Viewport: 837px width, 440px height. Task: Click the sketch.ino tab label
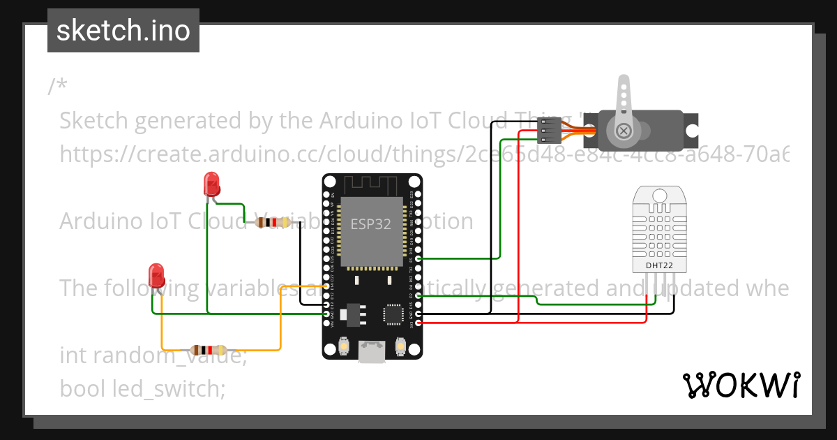pyautogui.click(x=123, y=31)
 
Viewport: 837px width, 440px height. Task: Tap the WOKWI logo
pyautogui.click(x=741, y=385)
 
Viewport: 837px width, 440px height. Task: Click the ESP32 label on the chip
pyautogui.click(x=370, y=224)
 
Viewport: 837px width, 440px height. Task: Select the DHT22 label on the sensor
pyautogui.click(x=658, y=265)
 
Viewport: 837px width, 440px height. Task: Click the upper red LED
pyautogui.click(x=211, y=184)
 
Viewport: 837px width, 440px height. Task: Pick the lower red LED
pyautogui.click(x=156, y=275)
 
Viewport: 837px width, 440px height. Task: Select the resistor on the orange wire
pyautogui.click(x=208, y=350)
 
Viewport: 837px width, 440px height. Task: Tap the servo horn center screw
pyautogui.click(x=624, y=130)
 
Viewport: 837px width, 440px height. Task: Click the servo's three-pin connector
pyautogui.click(x=548, y=131)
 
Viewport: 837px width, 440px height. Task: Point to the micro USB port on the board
pyautogui.click(x=372, y=352)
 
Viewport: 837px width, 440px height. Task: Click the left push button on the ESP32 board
pyautogui.click(x=343, y=346)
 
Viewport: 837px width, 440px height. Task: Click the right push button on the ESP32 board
pyautogui.click(x=401, y=346)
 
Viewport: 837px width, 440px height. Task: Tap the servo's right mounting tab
pyautogui.click(x=691, y=131)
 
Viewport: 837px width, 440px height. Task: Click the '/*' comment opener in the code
pyautogui.click(x=58, y=87)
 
